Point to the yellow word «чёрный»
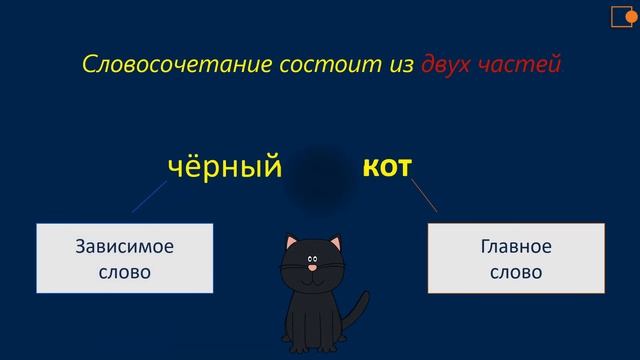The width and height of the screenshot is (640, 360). tap(224, 167)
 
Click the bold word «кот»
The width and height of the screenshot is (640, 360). tap(386, 167)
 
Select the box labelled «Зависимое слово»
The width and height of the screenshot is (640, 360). tap(125, 258)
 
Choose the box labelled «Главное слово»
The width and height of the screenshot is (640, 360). tap(516, 258)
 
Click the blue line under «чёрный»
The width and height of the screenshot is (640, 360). tap(150, 198)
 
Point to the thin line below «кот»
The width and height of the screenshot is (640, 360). tap(424, 195)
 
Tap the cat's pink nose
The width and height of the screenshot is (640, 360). tap(313, 267)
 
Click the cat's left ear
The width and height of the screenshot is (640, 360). tap(290, 241)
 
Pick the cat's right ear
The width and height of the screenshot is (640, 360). tap(335, 241)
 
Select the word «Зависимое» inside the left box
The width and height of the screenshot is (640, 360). tap(125, 247)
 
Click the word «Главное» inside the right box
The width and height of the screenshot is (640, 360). tap(516, 247)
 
